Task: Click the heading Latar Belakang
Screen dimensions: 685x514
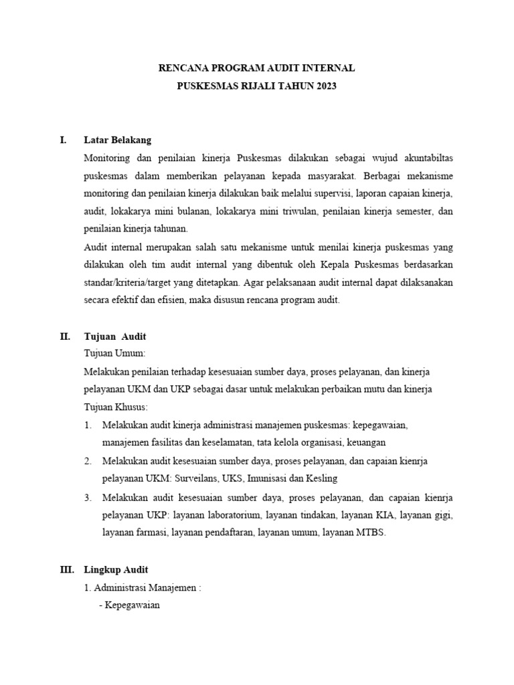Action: tap(118, 140)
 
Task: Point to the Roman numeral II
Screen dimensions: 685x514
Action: tap(65, 336)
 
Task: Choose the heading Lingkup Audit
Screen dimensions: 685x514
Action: tap(116, 569)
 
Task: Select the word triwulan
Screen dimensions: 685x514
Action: tap(298, 212)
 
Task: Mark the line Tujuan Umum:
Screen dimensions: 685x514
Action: tap(114, 353)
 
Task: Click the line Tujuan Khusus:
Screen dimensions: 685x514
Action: tap(115, 407)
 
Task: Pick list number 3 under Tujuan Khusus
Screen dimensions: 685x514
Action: tap(88, 498)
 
